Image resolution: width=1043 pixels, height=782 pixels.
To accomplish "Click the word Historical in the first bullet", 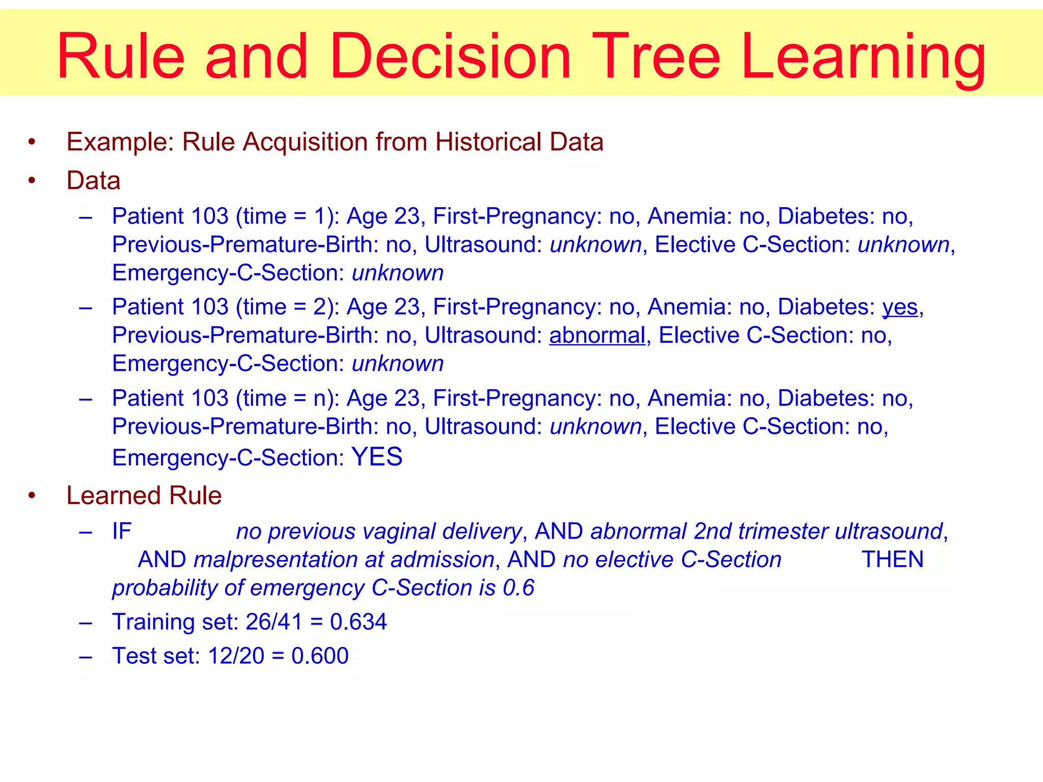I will point(485,142).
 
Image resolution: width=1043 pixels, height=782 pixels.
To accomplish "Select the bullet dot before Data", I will point(32,181).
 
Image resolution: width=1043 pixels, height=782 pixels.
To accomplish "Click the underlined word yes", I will point(900,308).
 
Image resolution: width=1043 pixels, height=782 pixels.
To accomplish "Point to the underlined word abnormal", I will point(597,336).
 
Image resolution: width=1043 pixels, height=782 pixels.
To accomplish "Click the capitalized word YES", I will point(377,457).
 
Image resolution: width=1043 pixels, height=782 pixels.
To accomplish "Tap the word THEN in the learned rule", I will point(892,560).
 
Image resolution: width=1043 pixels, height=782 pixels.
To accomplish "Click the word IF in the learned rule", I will point(122,532).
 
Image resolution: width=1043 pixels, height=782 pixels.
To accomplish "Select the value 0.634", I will point(358,622).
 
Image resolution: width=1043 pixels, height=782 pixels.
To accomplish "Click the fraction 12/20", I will point(236,656).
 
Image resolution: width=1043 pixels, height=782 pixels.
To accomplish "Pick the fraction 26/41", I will point(274,622).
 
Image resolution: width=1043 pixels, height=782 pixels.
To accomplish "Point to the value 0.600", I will point(320,656).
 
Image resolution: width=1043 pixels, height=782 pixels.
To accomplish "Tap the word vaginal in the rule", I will point(399,532).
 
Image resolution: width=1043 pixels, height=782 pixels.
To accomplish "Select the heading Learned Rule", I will point(144,496).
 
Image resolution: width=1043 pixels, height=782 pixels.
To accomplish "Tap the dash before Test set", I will point(86,656).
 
